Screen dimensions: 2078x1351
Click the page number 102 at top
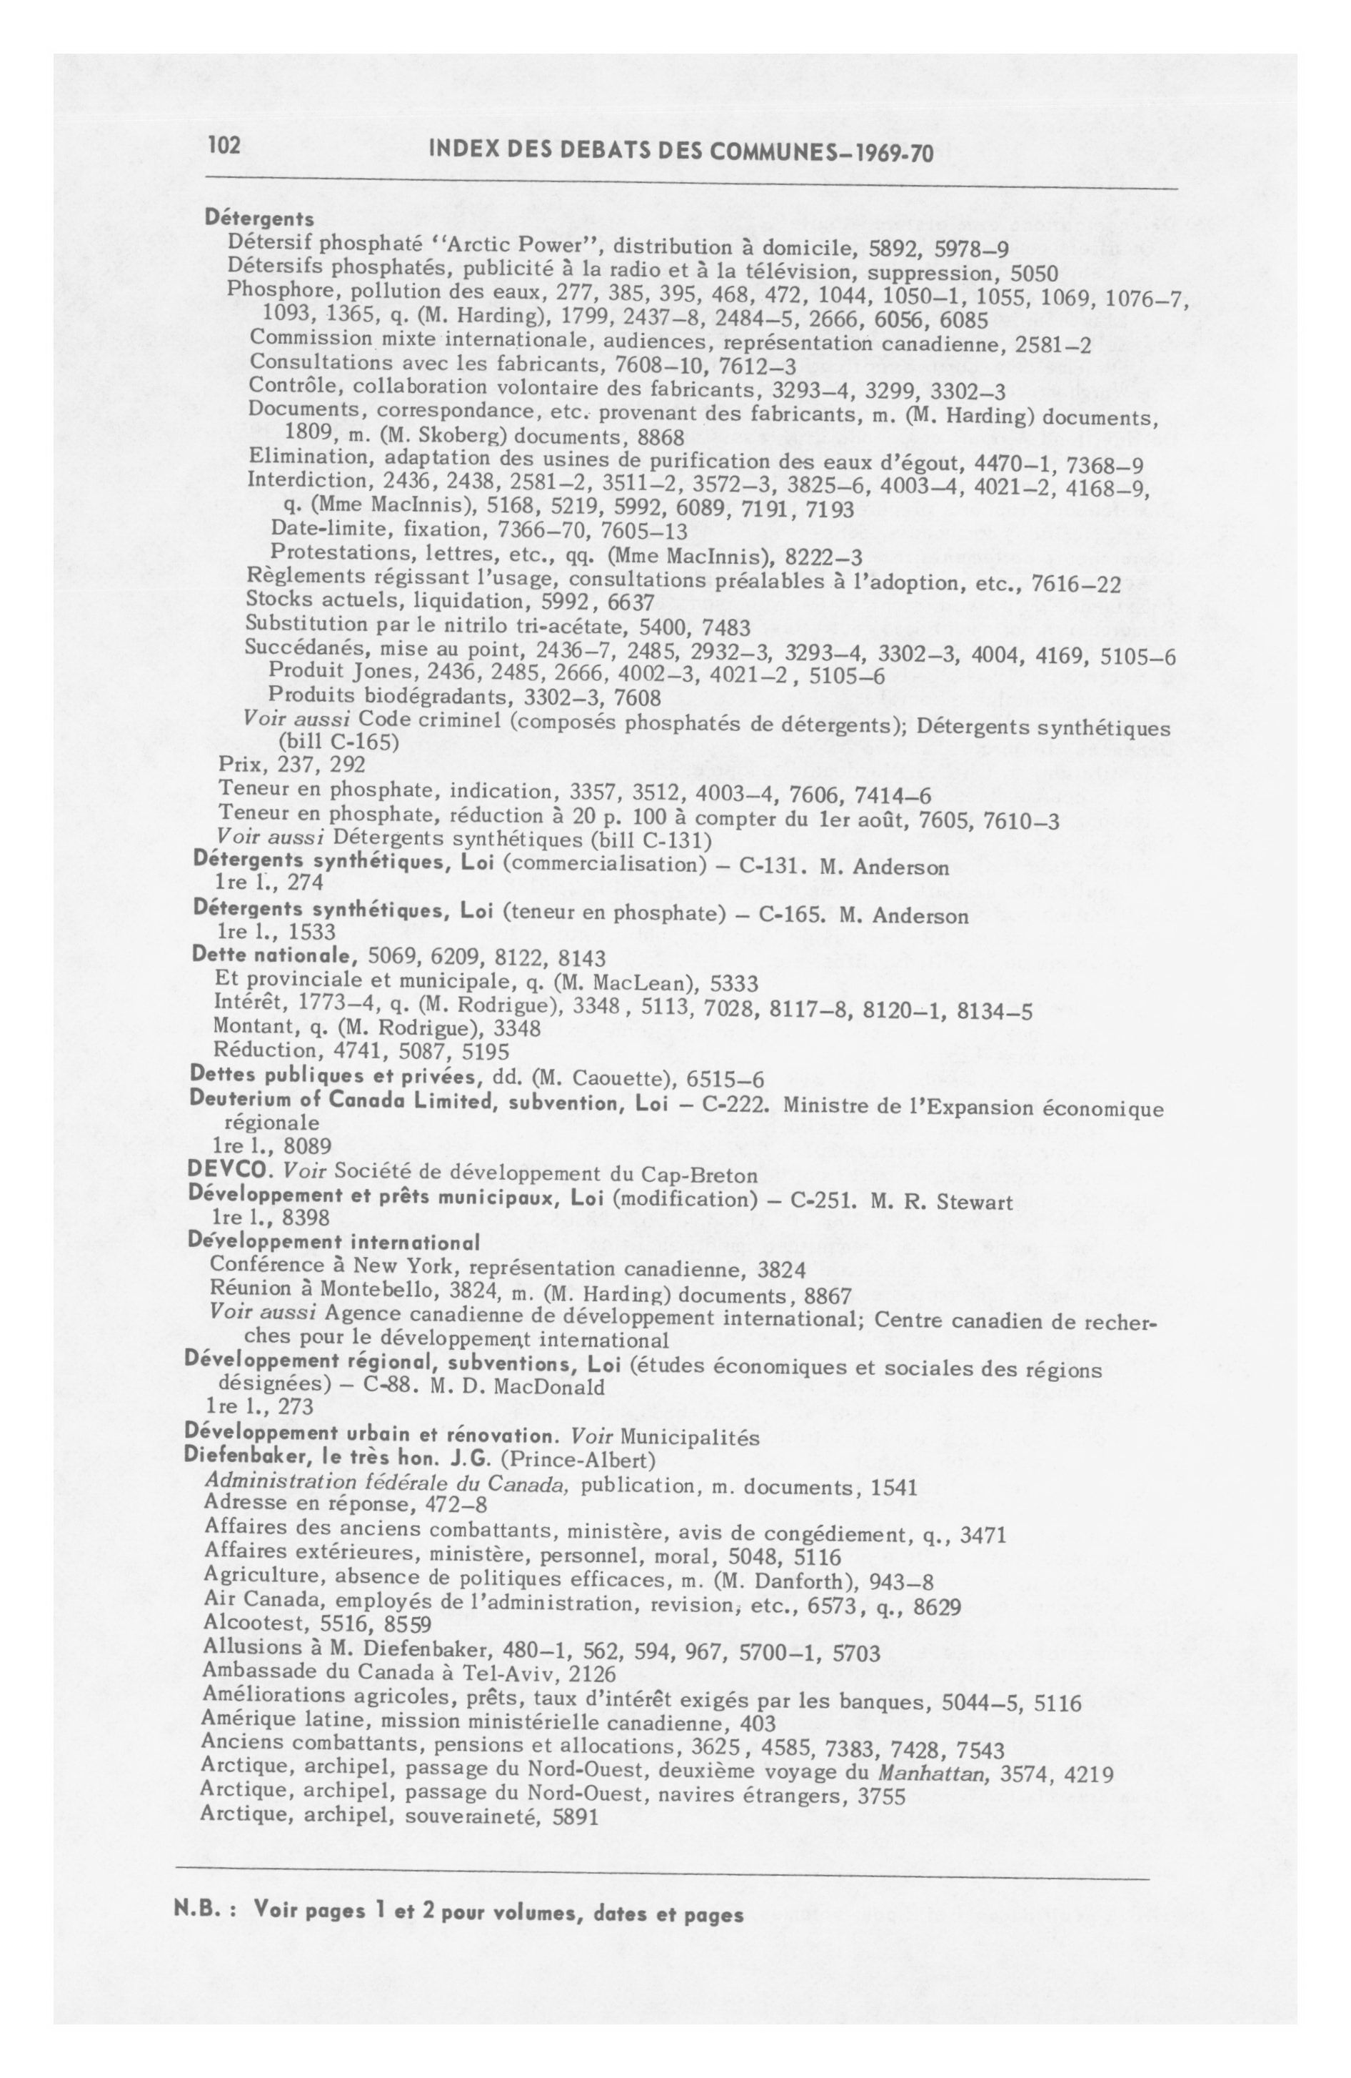pyautogui.click(x=224, y=146)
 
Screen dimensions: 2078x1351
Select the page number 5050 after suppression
pyautogui.click(x=1028, y=274)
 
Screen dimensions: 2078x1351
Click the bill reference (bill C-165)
pyautogui.click(x=338, y=742)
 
